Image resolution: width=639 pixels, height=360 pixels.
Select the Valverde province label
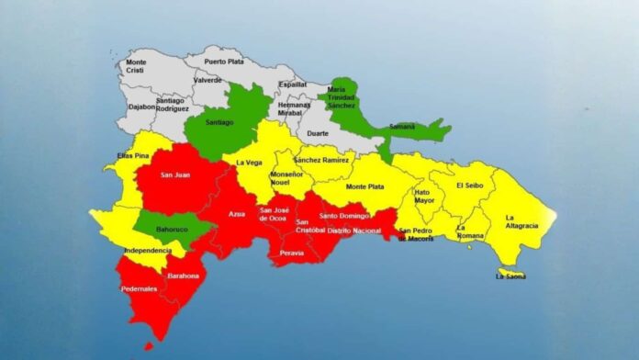coord(207,80)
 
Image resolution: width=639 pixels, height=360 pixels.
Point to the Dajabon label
coord(142,107)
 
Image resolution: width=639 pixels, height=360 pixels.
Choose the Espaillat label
coord(292,84)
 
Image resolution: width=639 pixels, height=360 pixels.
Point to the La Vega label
coord(248,163)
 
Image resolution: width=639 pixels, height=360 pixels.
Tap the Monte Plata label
coord(364,186)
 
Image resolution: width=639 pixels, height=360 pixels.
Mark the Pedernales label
coord(139,289)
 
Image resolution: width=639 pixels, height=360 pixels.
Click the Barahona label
coord(182,276)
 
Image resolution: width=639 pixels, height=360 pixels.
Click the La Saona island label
coord(511,276)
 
